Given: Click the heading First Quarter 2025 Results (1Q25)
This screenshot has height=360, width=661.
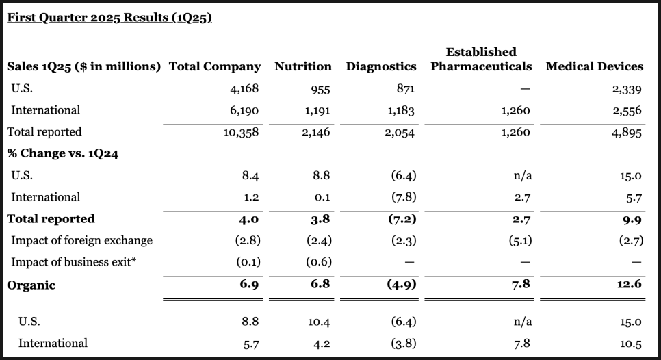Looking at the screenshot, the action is click(109, 18).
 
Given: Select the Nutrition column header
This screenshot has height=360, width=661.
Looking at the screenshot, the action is click(303, 66).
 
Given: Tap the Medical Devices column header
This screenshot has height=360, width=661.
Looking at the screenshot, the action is click(595, 66).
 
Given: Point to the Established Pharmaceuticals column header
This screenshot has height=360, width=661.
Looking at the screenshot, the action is click(481, 60).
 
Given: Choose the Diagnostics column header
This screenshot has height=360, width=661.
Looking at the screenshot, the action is click(381, 66).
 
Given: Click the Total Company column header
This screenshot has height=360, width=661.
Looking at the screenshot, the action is click(215, 66).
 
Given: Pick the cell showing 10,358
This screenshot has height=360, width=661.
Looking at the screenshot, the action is click(241, 132).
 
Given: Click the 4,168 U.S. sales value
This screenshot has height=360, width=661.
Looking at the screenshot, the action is click(244, 88).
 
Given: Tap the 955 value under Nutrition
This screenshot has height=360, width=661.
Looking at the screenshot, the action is click(320, 90).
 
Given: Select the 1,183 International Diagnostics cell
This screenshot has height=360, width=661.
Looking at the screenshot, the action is click(401, 110).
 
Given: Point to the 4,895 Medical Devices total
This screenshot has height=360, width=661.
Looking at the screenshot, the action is click(627, 133).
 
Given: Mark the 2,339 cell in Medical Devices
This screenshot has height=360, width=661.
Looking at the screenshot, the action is click(627, 90).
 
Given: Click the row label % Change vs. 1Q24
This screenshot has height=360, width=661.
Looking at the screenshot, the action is click(63, 153).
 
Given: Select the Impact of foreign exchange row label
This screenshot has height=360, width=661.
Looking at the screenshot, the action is click(82, 240).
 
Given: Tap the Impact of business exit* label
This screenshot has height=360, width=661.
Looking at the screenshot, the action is click(74, 261).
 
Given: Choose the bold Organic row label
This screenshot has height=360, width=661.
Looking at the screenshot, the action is click(31, 285).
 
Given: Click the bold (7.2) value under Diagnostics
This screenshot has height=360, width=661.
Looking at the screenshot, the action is click(402, 219).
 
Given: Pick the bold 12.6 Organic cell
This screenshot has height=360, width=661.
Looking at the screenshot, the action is click(630, 284).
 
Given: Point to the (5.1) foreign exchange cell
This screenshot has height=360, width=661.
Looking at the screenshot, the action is click(520, 240).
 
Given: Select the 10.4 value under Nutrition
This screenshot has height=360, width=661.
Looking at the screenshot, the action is click(319, 322).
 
